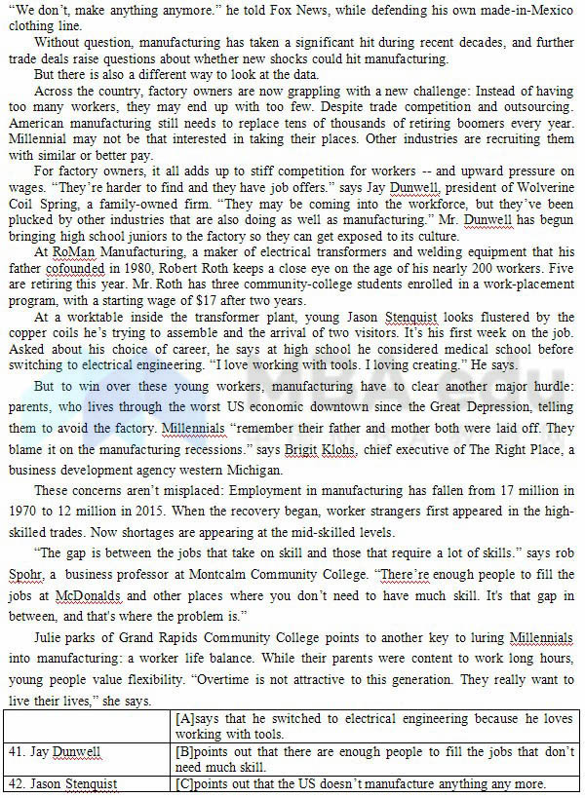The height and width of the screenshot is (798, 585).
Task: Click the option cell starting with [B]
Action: [375, 759]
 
